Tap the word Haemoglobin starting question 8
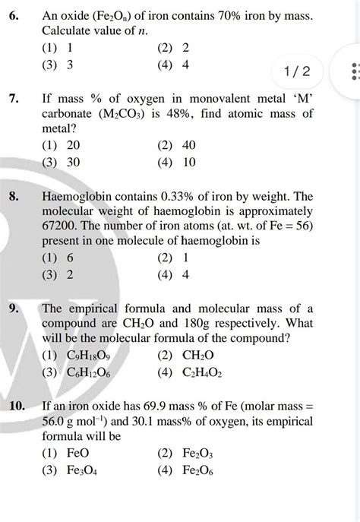(81, 196)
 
